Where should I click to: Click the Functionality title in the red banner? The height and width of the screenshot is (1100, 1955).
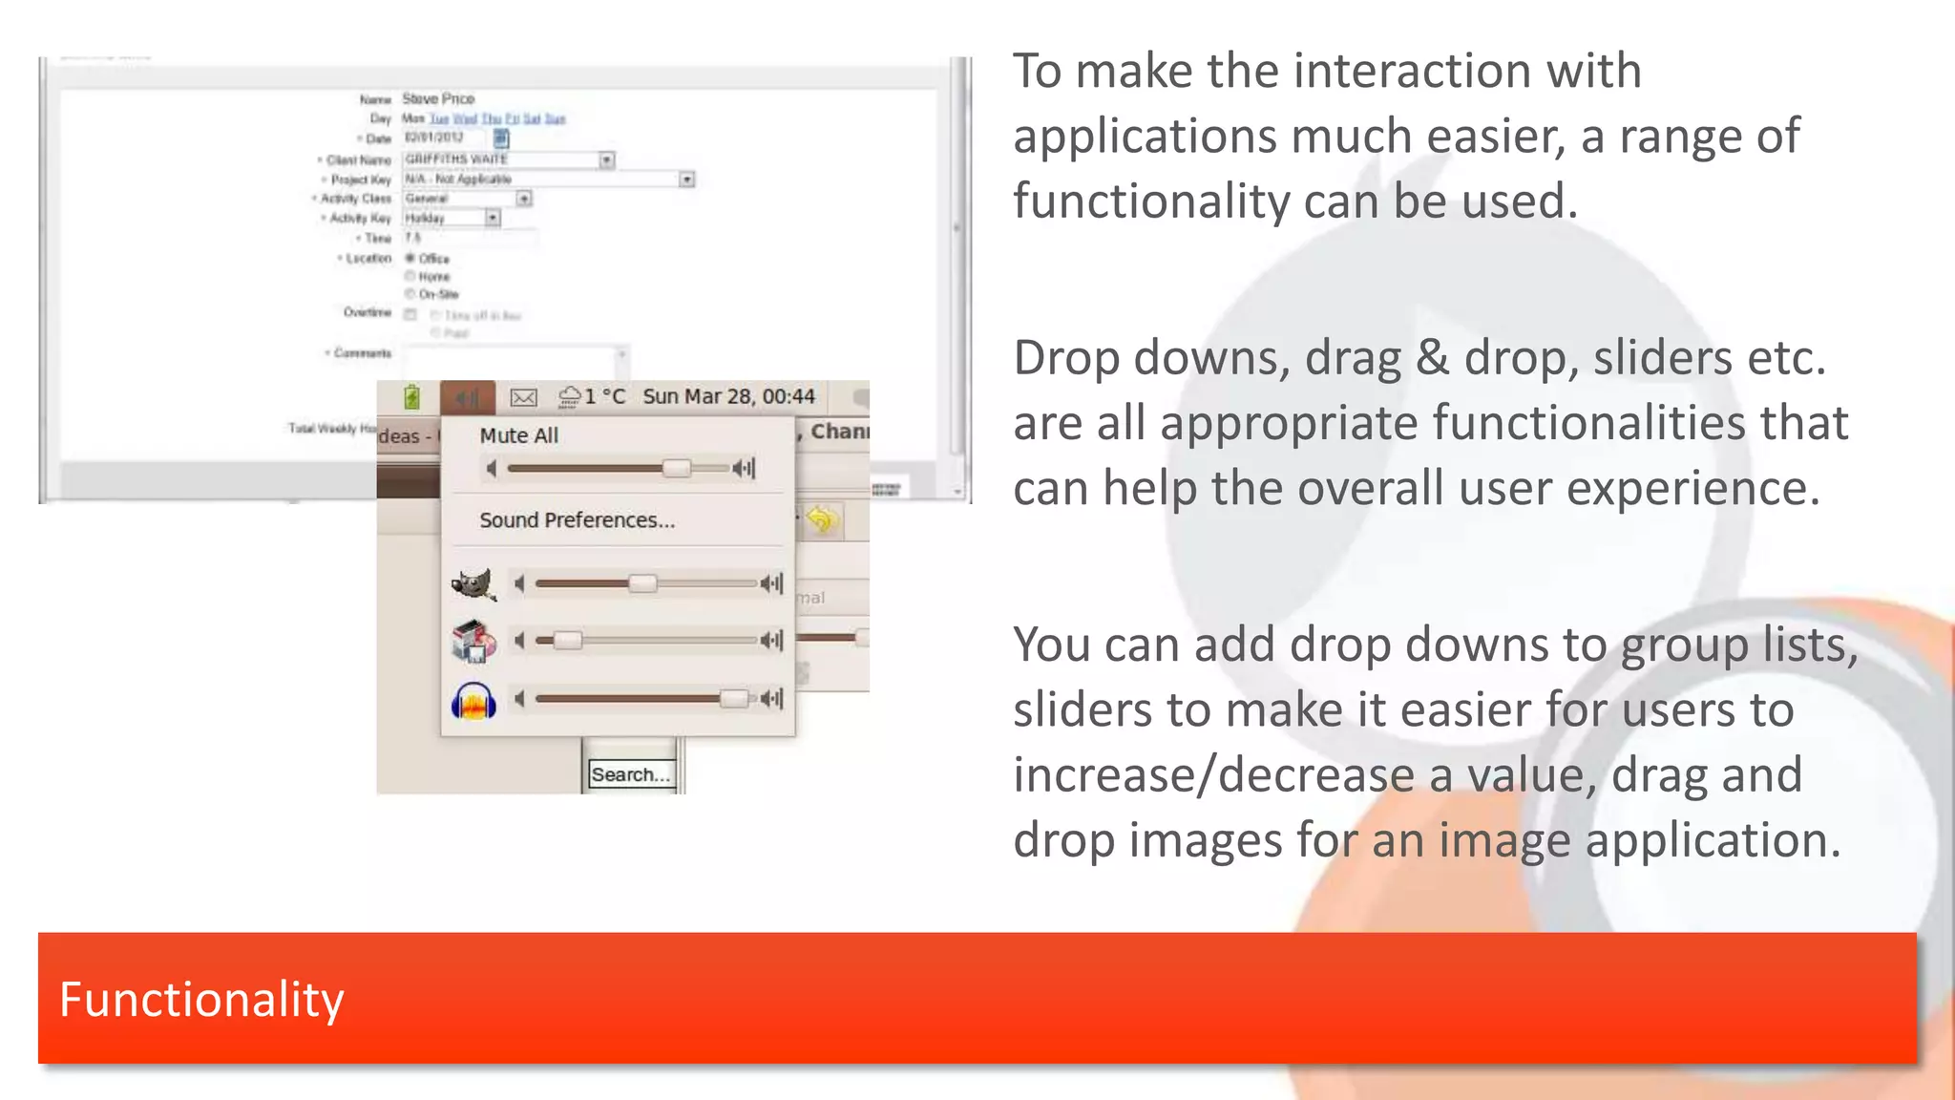(200, 999)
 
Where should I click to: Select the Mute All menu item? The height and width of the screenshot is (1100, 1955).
(518, 435)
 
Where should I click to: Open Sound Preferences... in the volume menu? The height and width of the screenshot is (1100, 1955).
(577, 520)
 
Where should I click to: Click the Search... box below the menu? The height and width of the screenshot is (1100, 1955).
(630, 774)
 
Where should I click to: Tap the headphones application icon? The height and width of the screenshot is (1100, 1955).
(473, 701)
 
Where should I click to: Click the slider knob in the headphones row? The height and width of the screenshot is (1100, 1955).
(733, 699)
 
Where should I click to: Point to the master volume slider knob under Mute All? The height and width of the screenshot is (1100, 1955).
(676, 468)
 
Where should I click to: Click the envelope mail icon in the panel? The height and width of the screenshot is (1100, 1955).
(523, 397)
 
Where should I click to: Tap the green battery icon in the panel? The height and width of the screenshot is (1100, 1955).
(411, 397)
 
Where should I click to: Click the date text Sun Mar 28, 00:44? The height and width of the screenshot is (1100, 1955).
(728, 396)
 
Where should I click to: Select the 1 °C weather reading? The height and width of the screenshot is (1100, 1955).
(604, 396)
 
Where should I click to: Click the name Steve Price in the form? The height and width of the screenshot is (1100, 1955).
(438, 98)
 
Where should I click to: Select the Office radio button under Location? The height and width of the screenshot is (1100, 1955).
(410, 258)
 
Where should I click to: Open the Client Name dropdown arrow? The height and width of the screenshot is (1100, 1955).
(607, 159)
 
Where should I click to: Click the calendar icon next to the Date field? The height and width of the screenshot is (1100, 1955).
(501, 138)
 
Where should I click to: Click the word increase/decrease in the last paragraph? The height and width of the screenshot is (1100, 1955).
(1211, 774)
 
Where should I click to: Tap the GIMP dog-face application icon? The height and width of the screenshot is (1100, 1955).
(473, 583)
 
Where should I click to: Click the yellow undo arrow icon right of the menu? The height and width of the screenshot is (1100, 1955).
(821, 520)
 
